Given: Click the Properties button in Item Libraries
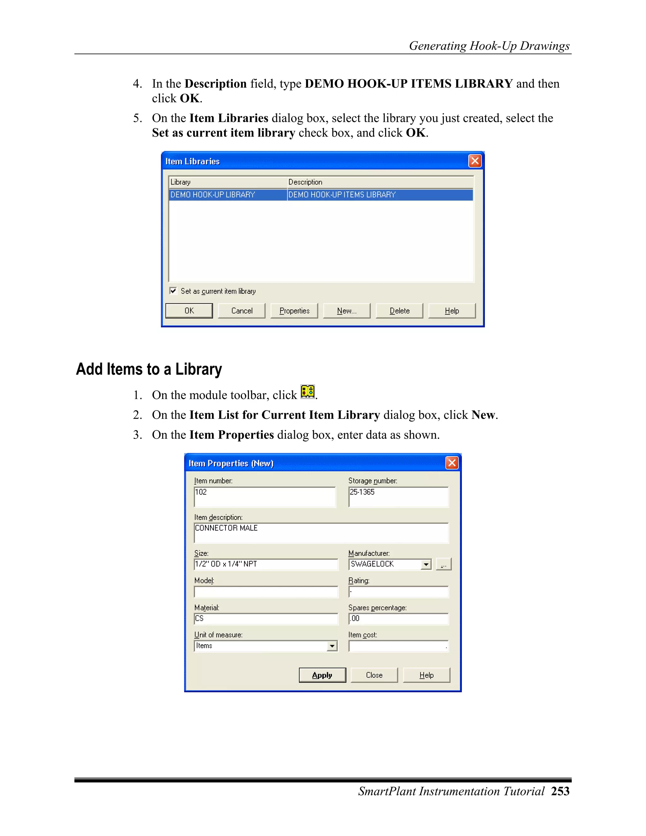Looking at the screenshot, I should point(294,311).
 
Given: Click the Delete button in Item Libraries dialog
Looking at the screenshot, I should point(399,311).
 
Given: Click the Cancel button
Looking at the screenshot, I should point(242,311).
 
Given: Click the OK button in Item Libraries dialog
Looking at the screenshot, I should point(189,311).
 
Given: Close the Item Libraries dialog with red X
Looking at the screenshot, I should point(474,161).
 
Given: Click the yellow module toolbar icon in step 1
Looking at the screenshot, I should point(307,392).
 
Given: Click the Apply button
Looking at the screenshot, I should point(322,675).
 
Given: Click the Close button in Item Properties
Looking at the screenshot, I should point(374,675).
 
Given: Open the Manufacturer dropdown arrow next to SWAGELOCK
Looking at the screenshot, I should point(426,565).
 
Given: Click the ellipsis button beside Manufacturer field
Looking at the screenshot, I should point(443,565).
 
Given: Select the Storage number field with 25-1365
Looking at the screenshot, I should point(398,497).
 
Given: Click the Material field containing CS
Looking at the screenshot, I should point(266,619).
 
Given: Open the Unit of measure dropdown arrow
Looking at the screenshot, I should point(332,646).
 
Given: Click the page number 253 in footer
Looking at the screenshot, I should point(560,792).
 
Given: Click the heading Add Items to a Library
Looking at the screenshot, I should point(149,369).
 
